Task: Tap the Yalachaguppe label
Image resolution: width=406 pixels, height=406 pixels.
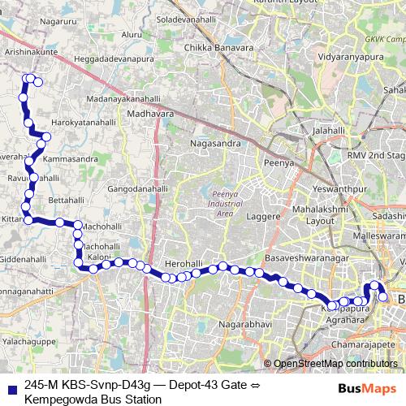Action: pyautogui.click(x=30, y=343)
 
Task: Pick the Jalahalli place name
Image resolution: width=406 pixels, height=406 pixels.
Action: pyautogui.click(x=328, y=129)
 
